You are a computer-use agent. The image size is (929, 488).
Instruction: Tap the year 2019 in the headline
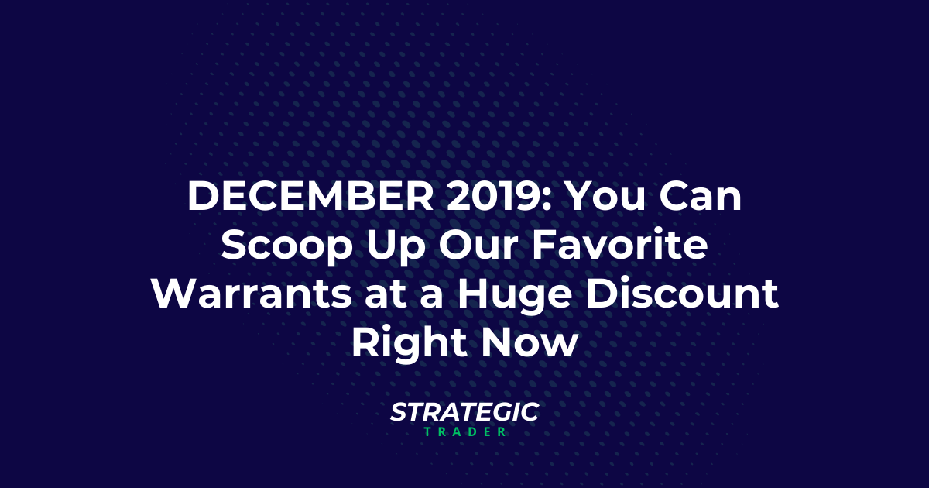coord(488,199)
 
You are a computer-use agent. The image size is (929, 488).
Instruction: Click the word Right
coord(403,345)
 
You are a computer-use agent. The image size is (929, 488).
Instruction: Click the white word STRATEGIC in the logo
coord(464,412)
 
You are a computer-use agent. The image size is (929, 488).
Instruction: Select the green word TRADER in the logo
coord(464,431)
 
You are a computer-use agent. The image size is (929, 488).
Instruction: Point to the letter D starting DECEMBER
coord(202,199)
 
